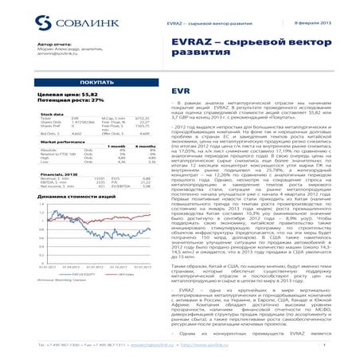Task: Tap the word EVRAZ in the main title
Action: click(197, 40)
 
